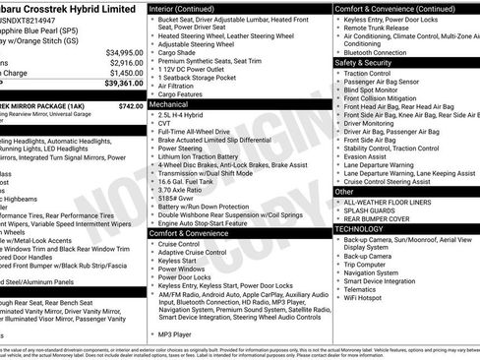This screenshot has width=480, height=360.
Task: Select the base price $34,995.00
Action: pos(124,52)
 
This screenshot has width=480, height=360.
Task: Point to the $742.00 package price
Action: pos(131,105)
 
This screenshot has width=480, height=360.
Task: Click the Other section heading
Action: pos(344,191)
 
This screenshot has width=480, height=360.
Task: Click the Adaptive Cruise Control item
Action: pos(193,252)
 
